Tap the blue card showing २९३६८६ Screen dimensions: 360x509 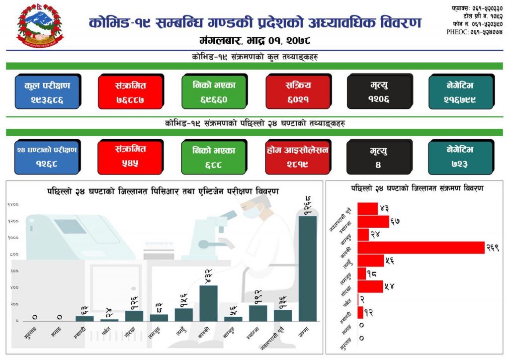[47, 91]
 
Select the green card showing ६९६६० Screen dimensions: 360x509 [214, 91]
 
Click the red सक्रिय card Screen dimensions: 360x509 [298, 91]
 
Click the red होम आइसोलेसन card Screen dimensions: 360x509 [298, 157]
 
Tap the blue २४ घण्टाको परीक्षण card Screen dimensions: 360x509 [47, 157]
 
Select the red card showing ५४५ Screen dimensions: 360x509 [130, 157]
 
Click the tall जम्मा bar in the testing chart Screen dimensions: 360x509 [307, 269]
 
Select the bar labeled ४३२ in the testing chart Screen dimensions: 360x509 [208, 303]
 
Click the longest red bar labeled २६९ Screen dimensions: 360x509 [421, 247]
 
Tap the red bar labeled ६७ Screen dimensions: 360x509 [373, 221]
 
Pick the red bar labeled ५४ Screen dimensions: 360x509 [370, 286]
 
